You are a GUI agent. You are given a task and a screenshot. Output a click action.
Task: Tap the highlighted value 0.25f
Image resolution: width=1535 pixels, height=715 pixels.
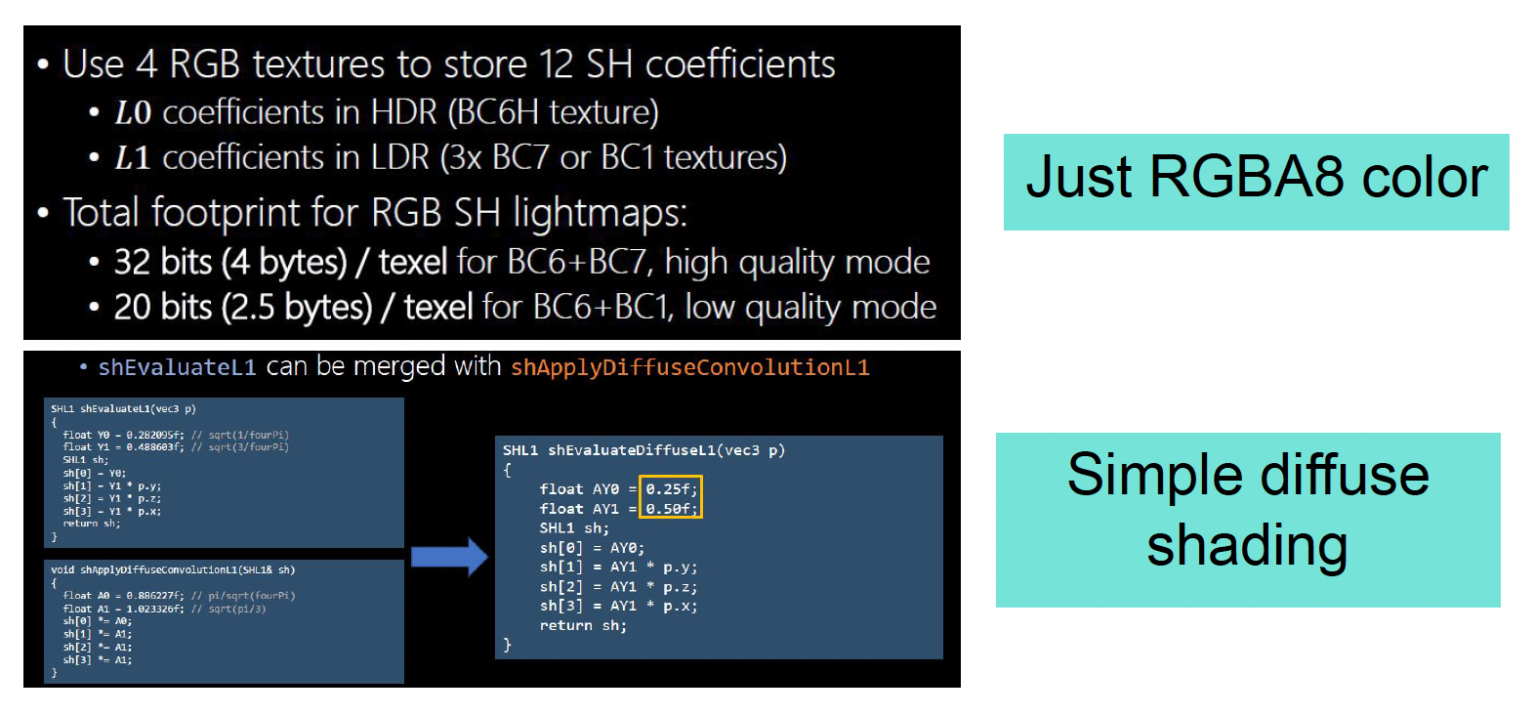click(x=671, y=489)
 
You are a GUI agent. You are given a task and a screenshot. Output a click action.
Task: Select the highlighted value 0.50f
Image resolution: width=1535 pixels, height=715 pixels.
click(x=671, y=509)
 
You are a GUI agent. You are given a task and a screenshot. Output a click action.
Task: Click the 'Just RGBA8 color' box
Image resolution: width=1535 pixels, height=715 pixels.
click(x=1256, y=182)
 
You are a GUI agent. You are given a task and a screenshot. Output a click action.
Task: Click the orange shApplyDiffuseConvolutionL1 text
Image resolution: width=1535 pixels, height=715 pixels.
click(x=689, y=367)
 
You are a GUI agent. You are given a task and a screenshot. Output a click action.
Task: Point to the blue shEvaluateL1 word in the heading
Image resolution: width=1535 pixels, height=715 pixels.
click(x=177, y=367)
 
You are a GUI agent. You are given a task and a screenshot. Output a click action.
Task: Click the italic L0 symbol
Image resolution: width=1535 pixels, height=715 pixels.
click(x=132, y=113)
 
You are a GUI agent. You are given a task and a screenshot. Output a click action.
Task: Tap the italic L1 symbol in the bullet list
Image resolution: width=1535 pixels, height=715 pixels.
click(x=132, y=158)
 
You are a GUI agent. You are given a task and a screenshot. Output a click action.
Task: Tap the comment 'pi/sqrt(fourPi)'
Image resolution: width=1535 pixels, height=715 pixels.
click(x=251, y=595)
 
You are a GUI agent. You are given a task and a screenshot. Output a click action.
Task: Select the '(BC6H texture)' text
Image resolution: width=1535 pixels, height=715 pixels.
click(x=553, y=113)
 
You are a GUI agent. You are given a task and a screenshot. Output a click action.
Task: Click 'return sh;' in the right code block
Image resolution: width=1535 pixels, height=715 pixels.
click(x=583, y=626)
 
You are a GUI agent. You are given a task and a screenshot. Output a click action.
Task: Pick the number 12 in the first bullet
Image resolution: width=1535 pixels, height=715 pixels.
click(x=556, y=64)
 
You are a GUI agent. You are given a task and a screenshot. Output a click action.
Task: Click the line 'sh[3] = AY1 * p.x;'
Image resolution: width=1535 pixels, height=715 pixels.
click(x=618, y=607)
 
